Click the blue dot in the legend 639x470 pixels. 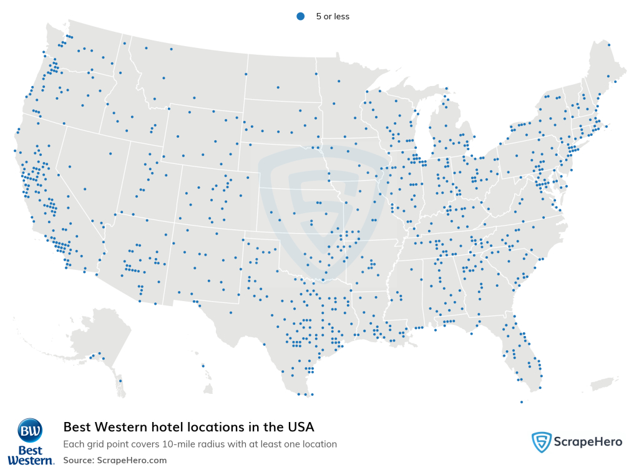coord(300,17)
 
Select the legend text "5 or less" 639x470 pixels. coord(333,17)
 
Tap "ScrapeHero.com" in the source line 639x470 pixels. coord(132,460)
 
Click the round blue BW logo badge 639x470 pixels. coord(30,430)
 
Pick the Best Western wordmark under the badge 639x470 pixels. coord(30,454)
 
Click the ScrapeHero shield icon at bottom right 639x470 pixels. coord(541,442)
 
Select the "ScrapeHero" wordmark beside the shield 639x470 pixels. coord(588,442)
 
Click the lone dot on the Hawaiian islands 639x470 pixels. coord(203,366)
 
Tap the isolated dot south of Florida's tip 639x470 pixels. coord(521,402)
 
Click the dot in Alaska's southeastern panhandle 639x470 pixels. coord(120,381)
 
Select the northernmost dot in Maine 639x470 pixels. coord(609,44)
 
